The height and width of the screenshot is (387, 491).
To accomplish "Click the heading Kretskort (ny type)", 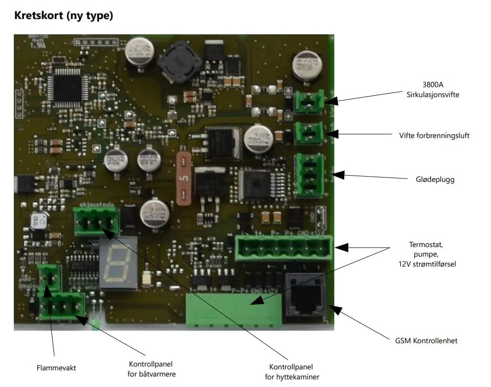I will pyautogui.click(x=64, y=16).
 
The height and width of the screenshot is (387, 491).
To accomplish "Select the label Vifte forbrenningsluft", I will pyautogui.click(x=434, y=136).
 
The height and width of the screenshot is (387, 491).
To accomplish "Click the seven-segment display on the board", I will pyautogui.click(x=118, y=264).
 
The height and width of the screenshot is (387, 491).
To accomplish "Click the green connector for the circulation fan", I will pyautogui.click(x=308, y=102).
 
